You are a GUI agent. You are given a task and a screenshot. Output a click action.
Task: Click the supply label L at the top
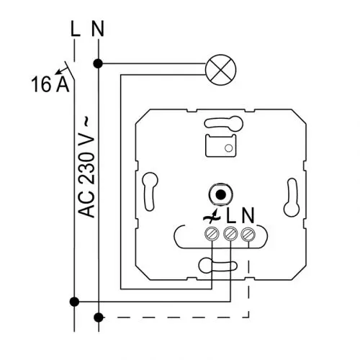76,29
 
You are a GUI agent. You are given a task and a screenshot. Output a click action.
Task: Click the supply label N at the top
98,29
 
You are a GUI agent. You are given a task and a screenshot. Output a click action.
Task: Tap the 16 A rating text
50,84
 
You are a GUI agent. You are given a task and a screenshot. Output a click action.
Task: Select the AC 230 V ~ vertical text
86,167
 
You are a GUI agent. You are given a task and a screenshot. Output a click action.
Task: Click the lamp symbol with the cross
221,70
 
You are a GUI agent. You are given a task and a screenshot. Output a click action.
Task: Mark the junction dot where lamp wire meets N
98,64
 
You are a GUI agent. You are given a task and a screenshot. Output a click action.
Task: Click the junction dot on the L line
74,302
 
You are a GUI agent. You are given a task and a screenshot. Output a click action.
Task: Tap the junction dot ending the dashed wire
98,318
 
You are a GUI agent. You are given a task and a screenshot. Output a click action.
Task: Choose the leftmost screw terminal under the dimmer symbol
212,233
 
